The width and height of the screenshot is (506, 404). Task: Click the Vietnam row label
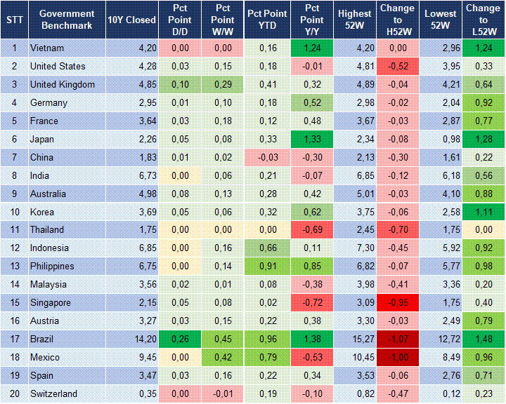[x=47, y=48]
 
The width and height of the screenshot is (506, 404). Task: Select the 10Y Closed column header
[x=131, y=20]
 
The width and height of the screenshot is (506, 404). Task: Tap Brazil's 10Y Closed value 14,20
[x=131, y=339]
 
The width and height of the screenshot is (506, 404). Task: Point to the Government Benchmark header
[x=67, y=20]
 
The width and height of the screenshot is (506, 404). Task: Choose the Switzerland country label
[x=53, y=394]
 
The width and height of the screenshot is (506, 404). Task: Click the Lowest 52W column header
[x=441, y=20]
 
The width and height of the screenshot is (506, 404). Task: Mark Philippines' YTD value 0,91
[x=266, y=267]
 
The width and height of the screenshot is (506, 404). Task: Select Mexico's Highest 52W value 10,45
[x=354, y=358]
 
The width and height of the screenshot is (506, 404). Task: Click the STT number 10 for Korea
[x=14, y=212]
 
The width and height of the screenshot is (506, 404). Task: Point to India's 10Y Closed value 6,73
[x=131, y=175]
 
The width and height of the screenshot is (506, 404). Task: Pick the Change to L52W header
[x=483, y=20]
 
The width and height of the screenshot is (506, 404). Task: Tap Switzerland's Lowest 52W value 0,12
[x=441, y=394]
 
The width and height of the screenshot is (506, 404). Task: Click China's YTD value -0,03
[x=266, y=157]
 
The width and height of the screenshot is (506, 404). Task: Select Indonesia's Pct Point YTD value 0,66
[x=266, y=248]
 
